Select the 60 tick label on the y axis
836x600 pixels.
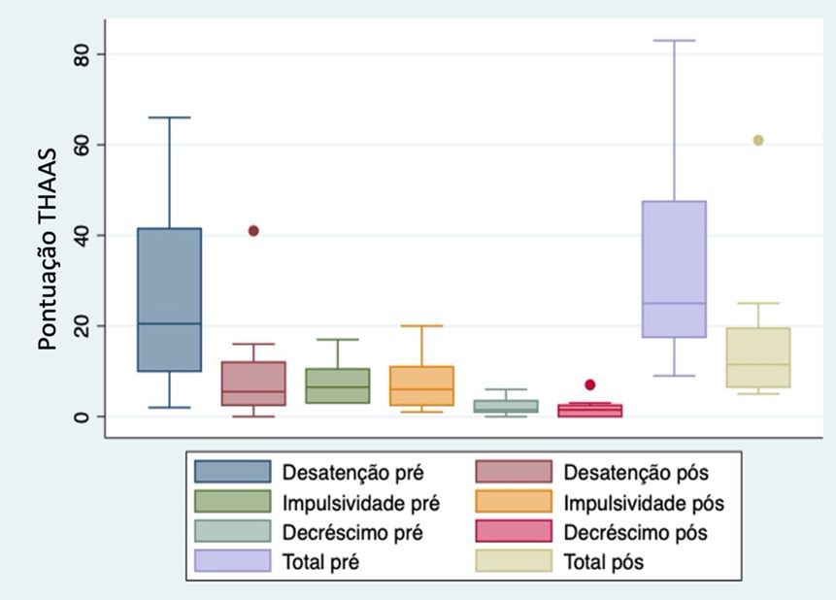coord(84,145)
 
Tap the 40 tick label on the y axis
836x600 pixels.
coord(84,235)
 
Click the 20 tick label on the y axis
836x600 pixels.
coord(84,326)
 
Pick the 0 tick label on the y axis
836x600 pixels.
coord(84,417)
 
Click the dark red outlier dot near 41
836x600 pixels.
coord(253,231)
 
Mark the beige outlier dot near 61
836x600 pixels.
coord(758,140)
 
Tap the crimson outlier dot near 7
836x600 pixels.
coord(589,384)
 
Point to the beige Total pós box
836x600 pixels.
coord(758,357)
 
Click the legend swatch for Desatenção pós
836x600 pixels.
coord(514,473)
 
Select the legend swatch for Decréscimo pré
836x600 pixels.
coord(232,532)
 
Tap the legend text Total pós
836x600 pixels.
coord(604,562)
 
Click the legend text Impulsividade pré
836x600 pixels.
coord(360,503)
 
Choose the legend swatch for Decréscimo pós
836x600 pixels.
coord(514,532)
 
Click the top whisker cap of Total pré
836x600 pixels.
coord(674,41)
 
